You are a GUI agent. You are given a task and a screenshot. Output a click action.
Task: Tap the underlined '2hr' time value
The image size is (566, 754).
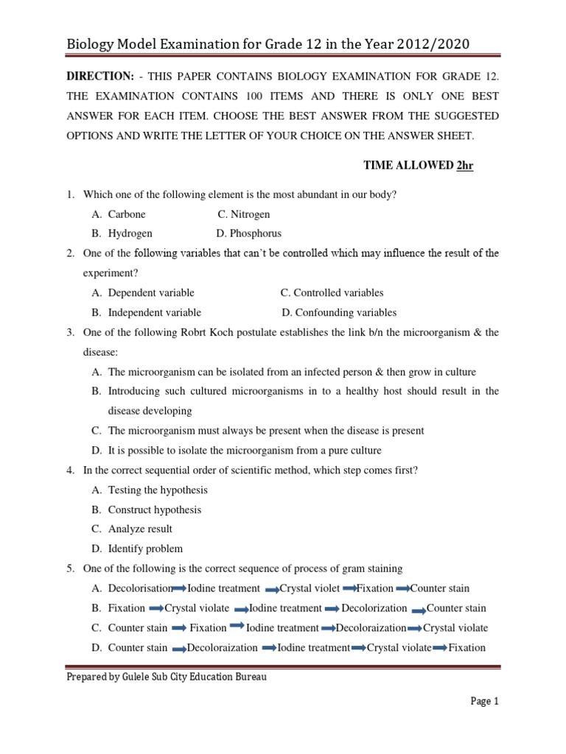click(464, 166)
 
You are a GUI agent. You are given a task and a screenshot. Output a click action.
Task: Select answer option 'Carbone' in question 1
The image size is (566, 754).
click(127, 214)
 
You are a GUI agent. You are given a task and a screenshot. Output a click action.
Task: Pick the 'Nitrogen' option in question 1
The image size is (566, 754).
click(249, 214)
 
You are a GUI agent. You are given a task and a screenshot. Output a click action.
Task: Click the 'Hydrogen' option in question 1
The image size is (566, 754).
click(130, 233)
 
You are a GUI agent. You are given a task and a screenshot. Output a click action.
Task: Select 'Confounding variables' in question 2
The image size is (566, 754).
click(344, 312)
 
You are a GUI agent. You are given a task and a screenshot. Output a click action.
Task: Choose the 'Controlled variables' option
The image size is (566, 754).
click(337, 292)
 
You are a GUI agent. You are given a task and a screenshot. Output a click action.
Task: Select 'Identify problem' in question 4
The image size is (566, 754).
click(145, 549)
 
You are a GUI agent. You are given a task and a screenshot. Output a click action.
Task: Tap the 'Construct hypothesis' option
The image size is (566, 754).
click(154, 510)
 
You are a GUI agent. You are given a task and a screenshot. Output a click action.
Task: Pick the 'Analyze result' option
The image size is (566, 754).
click(140, 529)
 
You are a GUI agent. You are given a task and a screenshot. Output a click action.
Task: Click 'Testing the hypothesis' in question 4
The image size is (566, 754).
click(158, 490)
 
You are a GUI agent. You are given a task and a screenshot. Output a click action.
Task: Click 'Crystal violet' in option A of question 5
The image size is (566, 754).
click(310, 588)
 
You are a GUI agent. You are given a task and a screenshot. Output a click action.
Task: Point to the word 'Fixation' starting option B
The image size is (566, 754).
click(127, 608)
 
